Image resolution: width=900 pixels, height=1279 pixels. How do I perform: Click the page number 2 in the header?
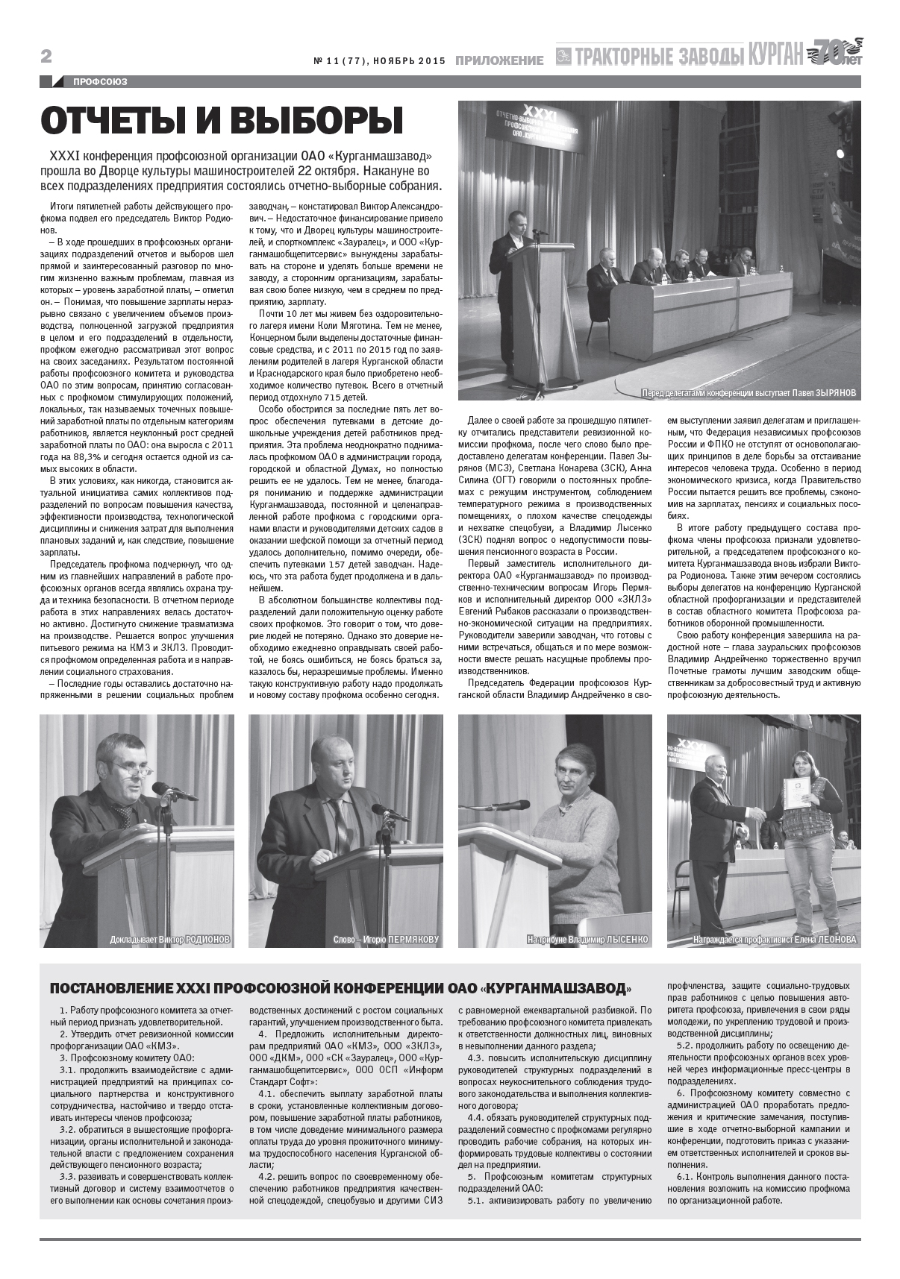point(46,57)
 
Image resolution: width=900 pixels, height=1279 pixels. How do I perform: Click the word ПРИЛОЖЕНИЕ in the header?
point(499,60)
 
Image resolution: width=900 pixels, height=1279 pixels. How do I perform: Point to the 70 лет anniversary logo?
point(835,54)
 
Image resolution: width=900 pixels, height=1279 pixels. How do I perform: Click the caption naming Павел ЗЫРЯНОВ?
point(749,393)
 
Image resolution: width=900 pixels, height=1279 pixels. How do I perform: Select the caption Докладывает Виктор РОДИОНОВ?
point(169,939)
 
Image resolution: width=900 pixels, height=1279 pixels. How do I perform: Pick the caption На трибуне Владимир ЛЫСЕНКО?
point(587,939)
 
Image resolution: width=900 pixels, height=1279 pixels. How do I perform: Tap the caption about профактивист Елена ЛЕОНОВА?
point(775,939)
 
